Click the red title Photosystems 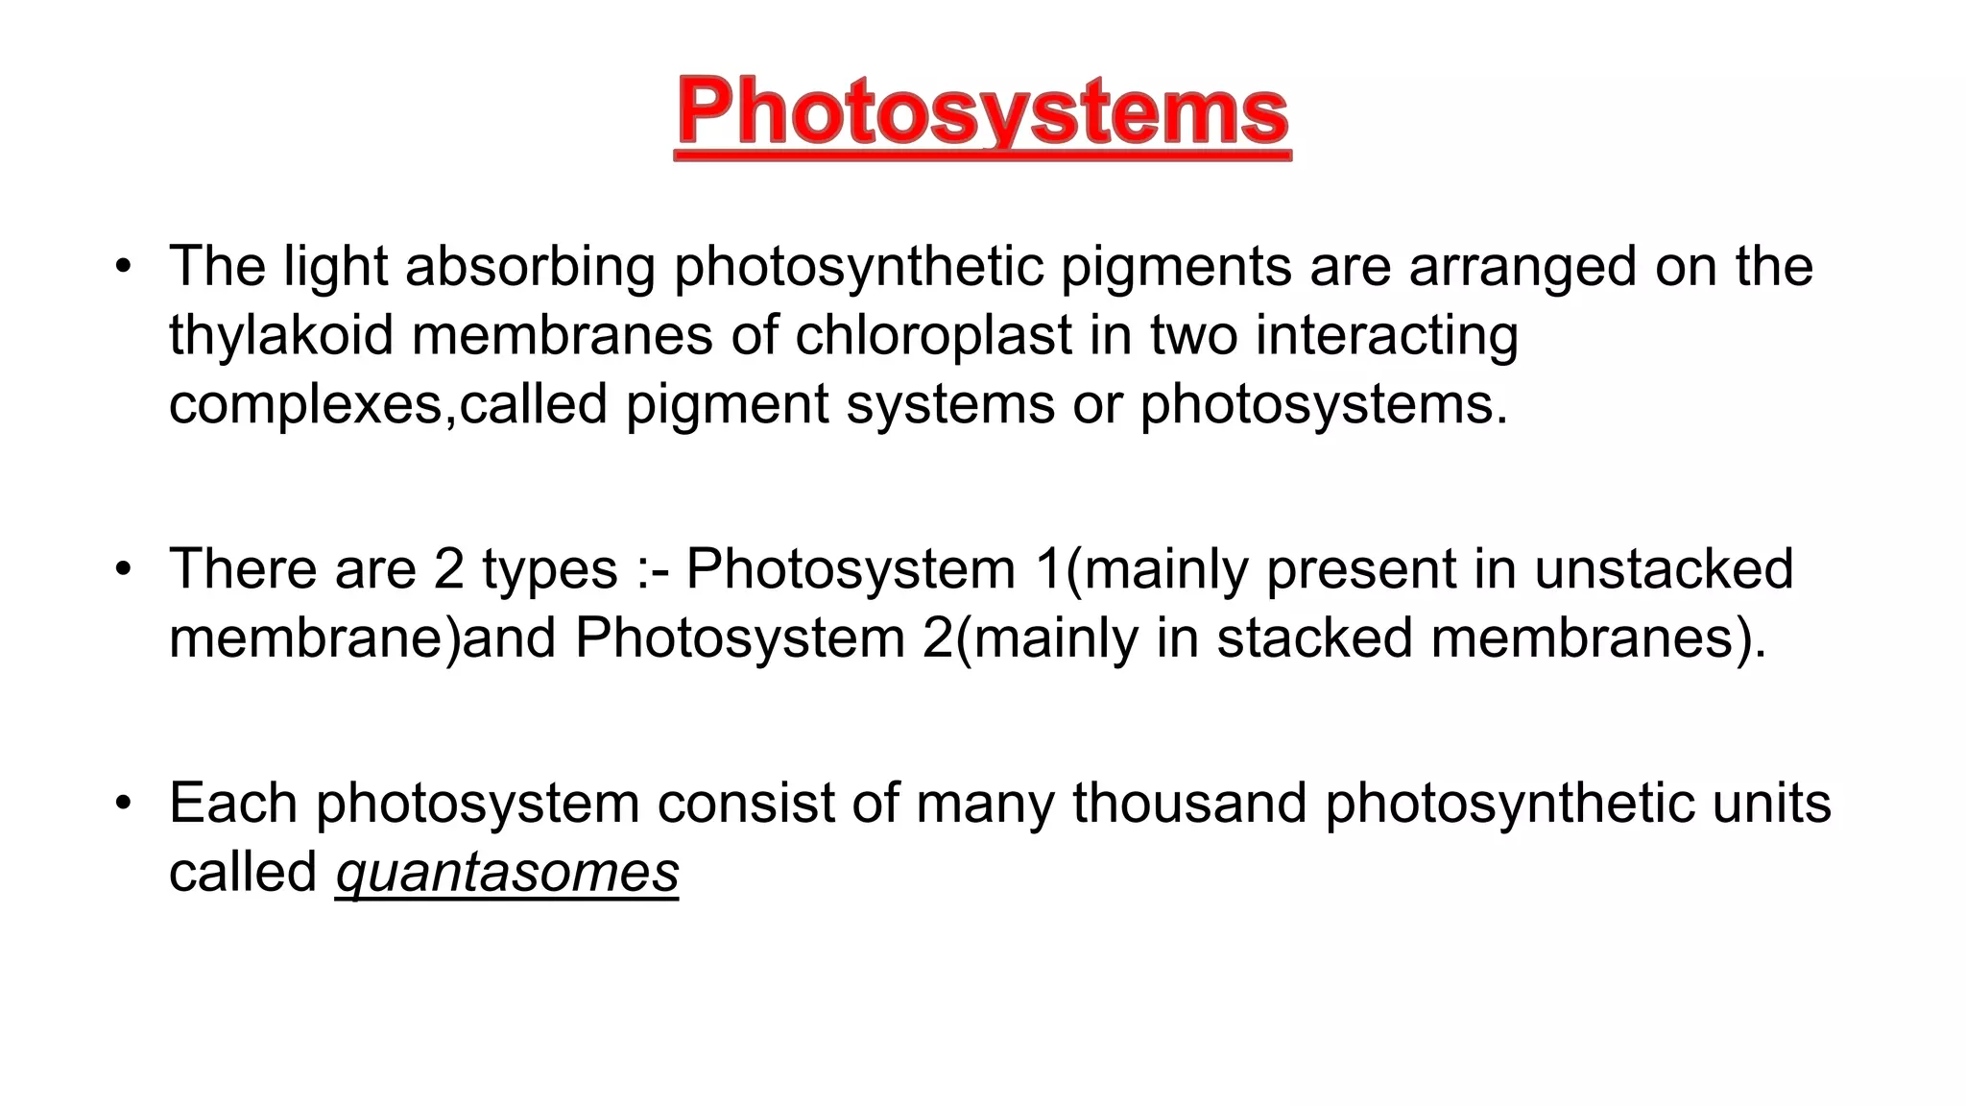pos(982,114)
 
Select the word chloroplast pos(933,335)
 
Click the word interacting pos(1386,335)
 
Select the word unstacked pos(1664,568)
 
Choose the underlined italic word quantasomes pos(507,873)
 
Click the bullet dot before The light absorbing pos(122,267)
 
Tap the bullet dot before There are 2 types pos(122,569)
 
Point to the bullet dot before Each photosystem pos(122,804)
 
